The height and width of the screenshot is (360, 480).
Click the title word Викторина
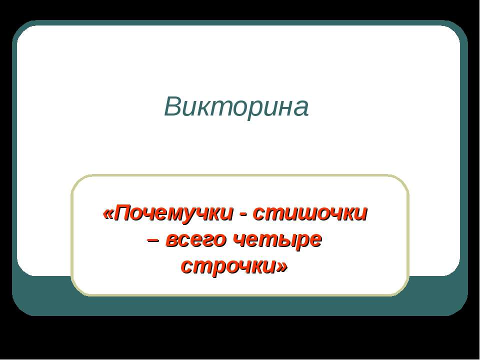(x=236, y=106)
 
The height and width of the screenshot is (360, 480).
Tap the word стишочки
(x=310, y=214)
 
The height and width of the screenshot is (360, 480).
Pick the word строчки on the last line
(x=227, y=266)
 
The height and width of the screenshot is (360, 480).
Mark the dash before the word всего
(x=154, y=240)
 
